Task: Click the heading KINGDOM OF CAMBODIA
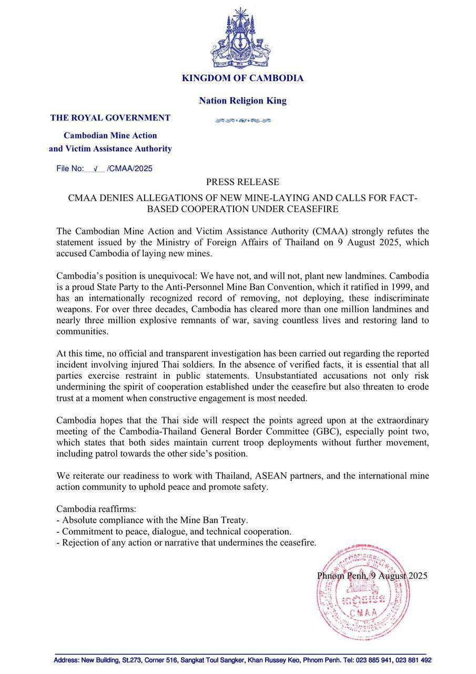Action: point(242,78)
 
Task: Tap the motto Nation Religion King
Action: point(242,101)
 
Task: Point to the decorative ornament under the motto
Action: point(242,121)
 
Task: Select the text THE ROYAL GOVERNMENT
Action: point(110,118)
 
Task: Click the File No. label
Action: point(70,169)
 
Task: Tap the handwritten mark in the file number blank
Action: point(95,169)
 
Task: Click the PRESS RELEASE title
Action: point(242,182)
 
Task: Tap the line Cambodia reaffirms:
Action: point(96,509)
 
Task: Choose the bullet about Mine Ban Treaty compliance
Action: point(152,520)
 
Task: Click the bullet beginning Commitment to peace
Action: point(174,531)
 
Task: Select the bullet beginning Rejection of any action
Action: point(186,542)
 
